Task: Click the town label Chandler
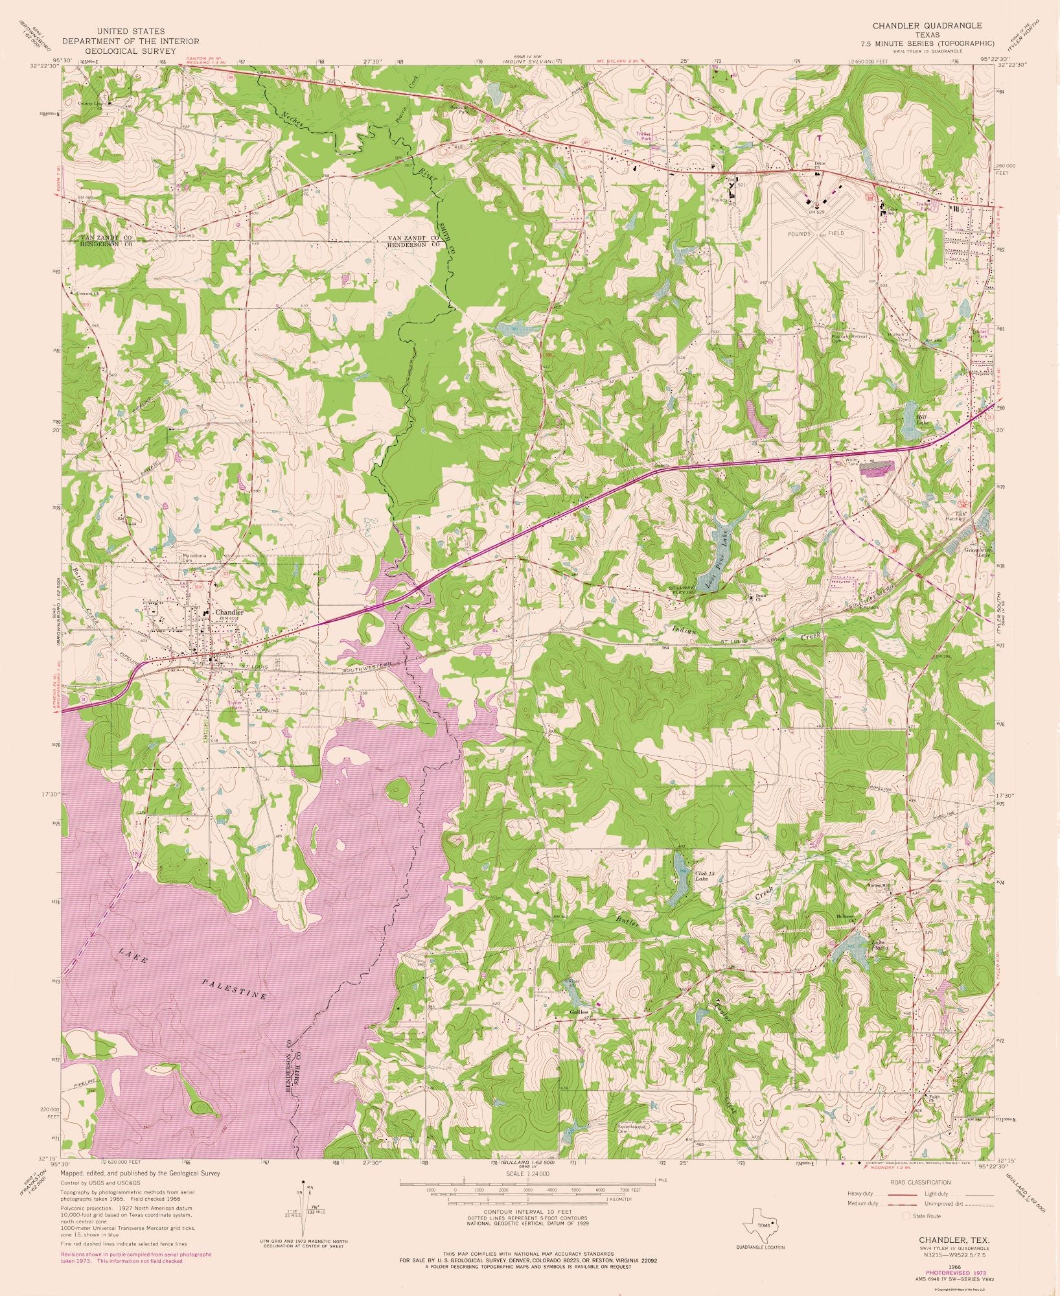[229, 612]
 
